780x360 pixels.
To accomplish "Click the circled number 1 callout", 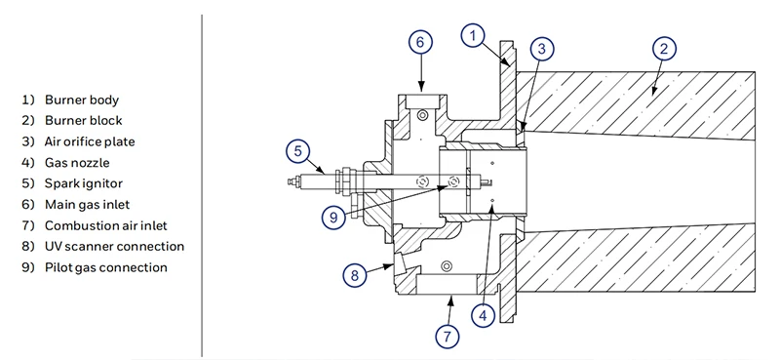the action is [473, 35].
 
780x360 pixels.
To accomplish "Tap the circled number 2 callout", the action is [664, 49].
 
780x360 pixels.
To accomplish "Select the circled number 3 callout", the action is [542, 49].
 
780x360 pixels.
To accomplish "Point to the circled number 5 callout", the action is [298, 151].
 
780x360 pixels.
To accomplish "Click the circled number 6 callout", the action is [420, 42].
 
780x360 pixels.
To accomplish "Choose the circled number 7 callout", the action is [448, 337].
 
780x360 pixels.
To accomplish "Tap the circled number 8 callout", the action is [355, 275].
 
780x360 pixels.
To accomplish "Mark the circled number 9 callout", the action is [333, 218].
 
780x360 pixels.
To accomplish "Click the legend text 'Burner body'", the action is [82, 100].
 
